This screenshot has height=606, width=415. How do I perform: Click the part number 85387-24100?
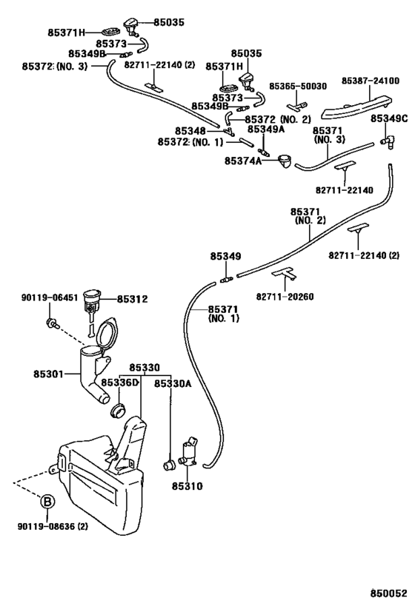(370, 81)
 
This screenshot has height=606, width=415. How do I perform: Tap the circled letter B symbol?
(47, 502)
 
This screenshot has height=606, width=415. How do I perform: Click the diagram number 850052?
(390, 593)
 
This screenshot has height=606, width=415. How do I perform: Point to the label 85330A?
(173, 383)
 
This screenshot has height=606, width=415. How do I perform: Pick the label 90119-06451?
(49, 297)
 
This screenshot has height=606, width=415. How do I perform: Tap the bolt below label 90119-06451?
(51, 324)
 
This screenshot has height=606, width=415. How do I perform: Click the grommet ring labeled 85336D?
(118, 410)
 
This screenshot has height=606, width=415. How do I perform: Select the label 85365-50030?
(298, 86)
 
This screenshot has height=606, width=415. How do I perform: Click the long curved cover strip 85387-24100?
(356, 107)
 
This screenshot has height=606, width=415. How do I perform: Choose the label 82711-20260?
(285, 297)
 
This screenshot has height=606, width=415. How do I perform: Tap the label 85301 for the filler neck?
(48, 374)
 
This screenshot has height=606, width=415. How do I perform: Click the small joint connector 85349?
(226, 279)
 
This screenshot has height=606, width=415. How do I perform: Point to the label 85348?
(190, 132)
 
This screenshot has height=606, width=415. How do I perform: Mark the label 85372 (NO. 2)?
(278, 119)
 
